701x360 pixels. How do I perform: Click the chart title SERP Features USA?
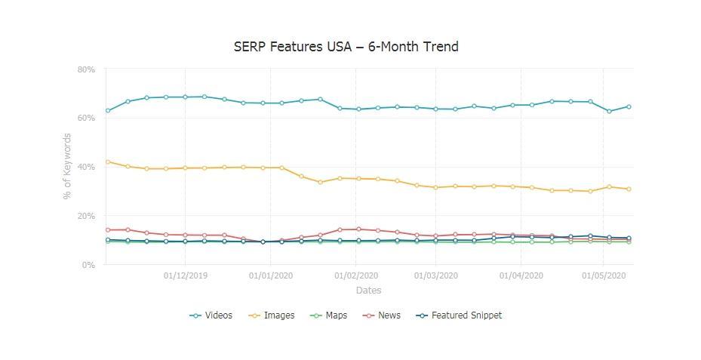pos(346,47)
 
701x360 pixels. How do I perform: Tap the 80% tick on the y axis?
pos(86,69)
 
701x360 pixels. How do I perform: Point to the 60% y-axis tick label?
pos(86,118)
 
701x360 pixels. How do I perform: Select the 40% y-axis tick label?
pos(86,167)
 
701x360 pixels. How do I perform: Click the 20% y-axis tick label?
pos(86,216)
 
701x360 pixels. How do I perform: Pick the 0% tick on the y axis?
pos(88,265)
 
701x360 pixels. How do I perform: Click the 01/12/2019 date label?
pos(186,276)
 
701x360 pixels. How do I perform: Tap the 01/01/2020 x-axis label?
pos(270,276)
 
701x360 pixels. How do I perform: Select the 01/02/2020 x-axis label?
pos(356,276)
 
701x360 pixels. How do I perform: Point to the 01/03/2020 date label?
pos(435,276)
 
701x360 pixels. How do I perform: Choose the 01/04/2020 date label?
pos(521,276)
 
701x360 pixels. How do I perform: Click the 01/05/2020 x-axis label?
pos(603,276)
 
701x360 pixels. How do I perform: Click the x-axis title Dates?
pos(369,291)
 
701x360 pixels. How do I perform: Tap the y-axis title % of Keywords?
pos(67,167)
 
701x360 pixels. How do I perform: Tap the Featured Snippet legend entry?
pos(459,315)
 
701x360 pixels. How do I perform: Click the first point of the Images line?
pos(108,162)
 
